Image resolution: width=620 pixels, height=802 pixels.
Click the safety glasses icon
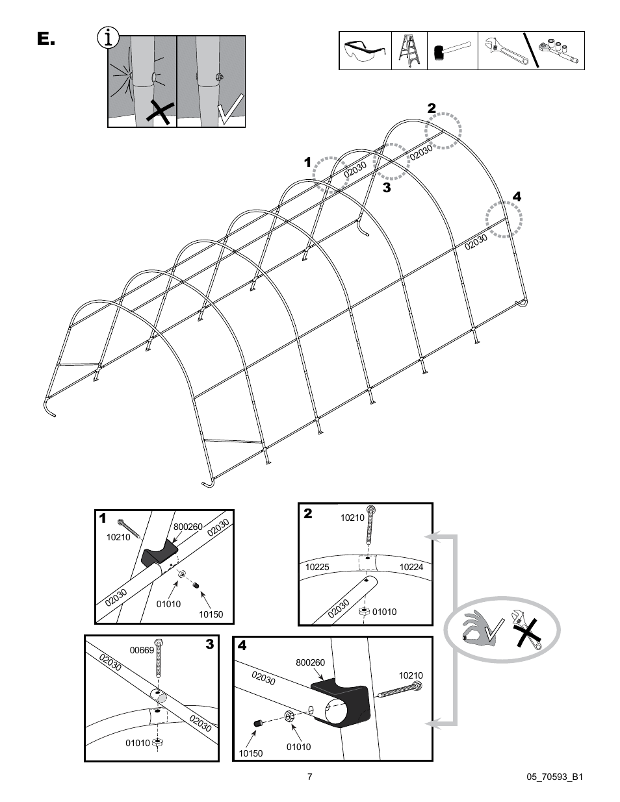(365, 51)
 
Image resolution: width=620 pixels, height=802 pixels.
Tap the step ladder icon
(409, 51)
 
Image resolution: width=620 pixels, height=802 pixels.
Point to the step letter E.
(45, 40)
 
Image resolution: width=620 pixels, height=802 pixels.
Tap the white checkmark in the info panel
(229, 109)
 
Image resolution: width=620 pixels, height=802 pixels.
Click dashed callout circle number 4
(505, 219)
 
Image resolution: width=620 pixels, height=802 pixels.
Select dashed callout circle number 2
(443, 131)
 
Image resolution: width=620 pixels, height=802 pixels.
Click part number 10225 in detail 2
(317, 567)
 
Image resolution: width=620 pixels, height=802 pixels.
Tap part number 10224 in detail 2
(411, 567)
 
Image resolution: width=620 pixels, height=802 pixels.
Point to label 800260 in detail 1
(188, 527)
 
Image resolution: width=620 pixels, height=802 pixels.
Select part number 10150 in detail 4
(250, 753)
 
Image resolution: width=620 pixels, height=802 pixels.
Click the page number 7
(310, 777)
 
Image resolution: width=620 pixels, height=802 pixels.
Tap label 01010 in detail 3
(138, 743)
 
